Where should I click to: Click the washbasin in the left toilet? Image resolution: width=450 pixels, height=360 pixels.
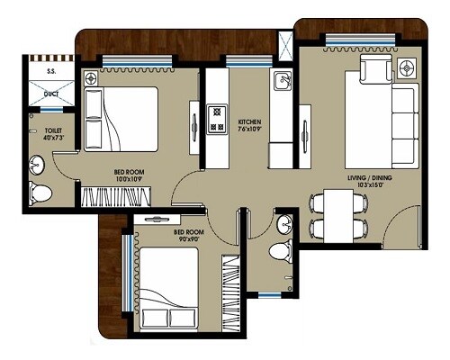pos(36,164)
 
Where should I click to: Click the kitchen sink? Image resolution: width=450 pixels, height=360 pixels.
pos(282,84)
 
